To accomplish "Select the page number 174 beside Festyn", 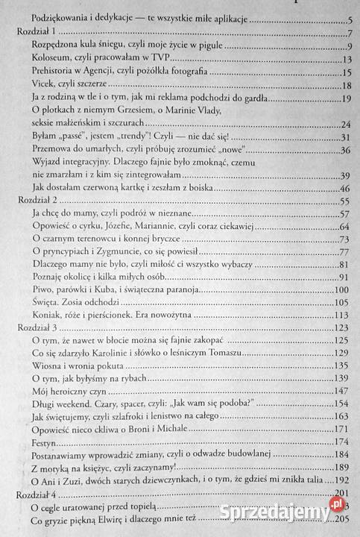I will pos(342,440).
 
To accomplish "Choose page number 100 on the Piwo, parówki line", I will pos(342,289).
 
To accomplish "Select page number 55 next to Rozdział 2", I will pos(344,201).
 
